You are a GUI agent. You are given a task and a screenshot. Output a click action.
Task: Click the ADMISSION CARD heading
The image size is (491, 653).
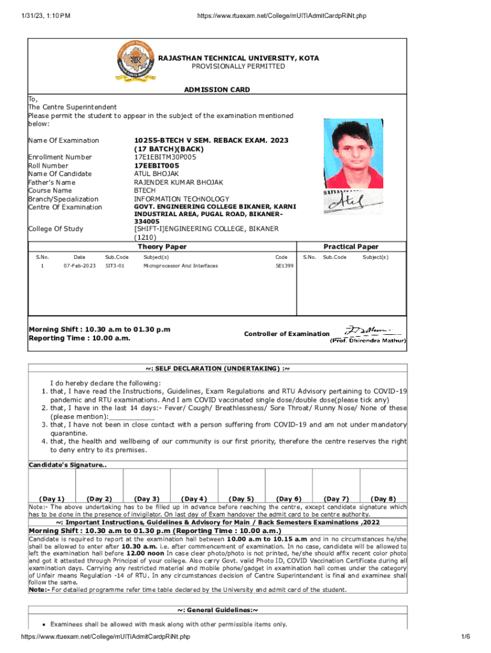tap(217, 90)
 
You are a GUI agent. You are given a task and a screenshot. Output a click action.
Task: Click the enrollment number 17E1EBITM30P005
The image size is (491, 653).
tap(165, 157)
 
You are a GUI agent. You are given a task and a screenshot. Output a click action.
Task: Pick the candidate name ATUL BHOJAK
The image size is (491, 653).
tap(156, 173)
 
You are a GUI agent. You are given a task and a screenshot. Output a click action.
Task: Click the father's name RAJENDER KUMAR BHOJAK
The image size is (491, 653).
tap(179, 182)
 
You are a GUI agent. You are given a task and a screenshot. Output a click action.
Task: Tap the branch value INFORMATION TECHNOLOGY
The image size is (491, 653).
tap(180, 199)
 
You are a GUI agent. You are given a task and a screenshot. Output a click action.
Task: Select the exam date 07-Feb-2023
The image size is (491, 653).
tap(80, 266)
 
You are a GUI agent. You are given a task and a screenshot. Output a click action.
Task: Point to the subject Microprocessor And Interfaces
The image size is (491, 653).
tap(180, 266)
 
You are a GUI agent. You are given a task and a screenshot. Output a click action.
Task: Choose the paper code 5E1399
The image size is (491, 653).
tap(284, 266)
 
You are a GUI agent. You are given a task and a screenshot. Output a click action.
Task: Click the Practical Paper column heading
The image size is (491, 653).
tap(351, 247)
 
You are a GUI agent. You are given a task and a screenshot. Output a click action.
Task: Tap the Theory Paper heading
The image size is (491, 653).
tap(162, 247)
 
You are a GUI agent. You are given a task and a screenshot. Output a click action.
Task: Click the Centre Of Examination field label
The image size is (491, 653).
tap(65, 207)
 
